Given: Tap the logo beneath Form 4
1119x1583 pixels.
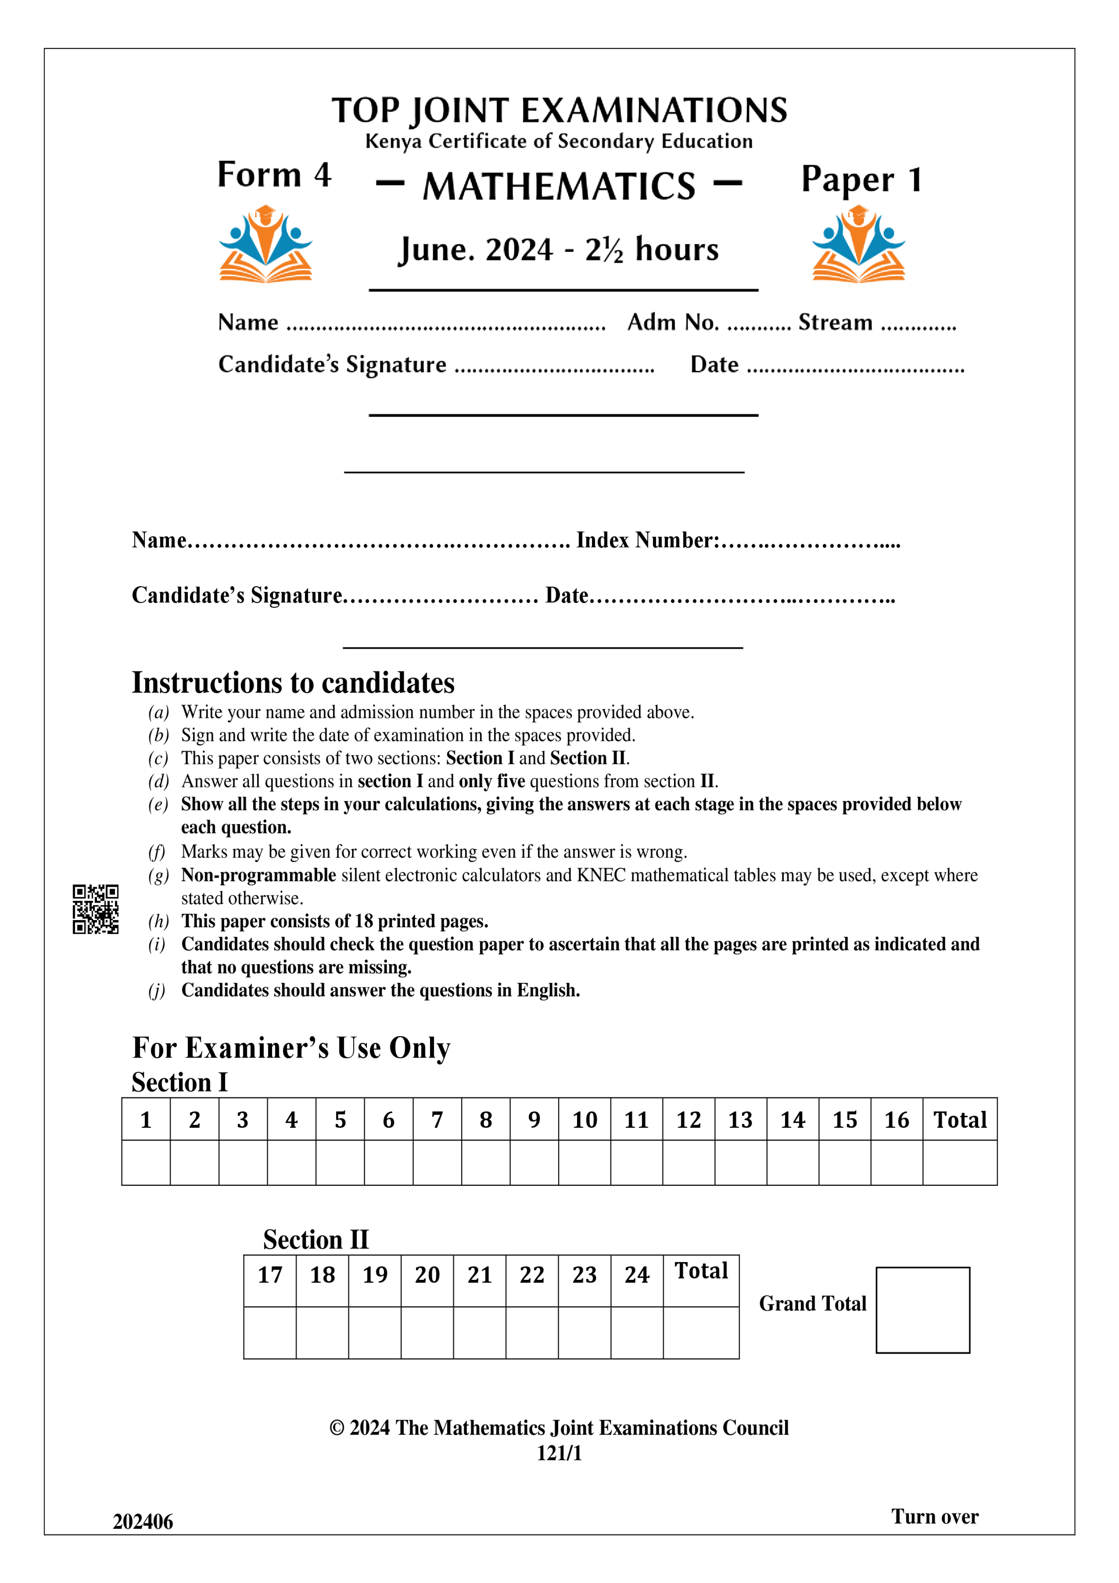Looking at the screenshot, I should [265, 244].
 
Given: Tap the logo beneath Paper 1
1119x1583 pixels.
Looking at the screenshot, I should [858, 244].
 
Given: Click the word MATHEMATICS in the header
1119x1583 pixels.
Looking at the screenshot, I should [559, 186].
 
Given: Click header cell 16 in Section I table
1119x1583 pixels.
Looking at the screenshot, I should [896, 1120].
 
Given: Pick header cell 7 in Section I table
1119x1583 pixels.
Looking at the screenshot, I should [437, 1120].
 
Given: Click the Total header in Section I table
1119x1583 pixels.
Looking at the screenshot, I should [960, 1120].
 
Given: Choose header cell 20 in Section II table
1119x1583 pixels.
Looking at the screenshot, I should [427, 1275].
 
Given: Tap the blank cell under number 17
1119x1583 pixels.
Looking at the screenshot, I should [269, 1332].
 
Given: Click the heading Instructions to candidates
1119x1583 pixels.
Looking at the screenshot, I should [293, 683].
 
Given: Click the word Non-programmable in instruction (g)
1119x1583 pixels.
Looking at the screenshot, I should [259, 875].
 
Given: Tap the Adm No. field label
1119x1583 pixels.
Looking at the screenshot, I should [673, 322].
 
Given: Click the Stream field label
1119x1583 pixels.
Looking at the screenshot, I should [835, 322].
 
